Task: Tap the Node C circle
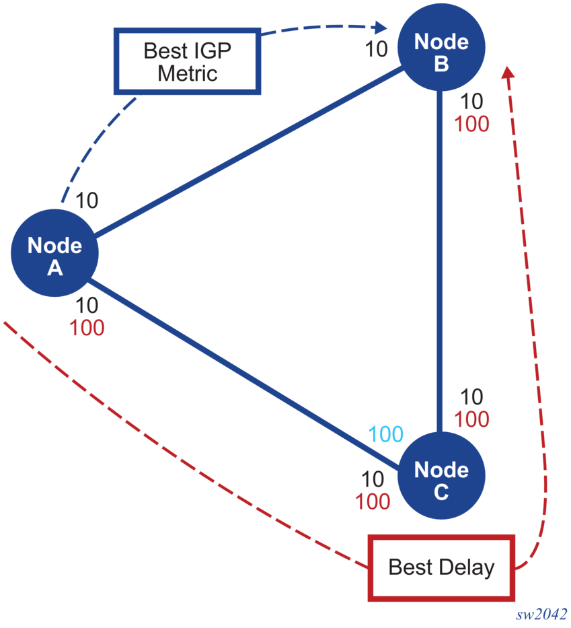[x=441, y=479]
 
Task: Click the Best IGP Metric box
[x=188, y=61]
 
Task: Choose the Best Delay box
[x=441, y=567]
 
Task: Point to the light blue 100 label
[x=386, y=434]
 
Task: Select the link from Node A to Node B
[x=249, y=151]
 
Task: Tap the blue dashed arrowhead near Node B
[x=381, y=28]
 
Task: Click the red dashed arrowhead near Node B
[x=509, y=72]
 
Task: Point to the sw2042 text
[x=541, y=615]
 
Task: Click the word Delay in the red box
[x=465, y=567]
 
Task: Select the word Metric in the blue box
[x=188, y=73]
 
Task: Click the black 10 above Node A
[x=87, y=200]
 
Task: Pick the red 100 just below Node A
[x=87, y=328]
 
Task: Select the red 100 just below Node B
[x=471, y=124]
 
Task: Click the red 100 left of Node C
[x=373, y=501]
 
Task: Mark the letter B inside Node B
[x=441, y=63]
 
